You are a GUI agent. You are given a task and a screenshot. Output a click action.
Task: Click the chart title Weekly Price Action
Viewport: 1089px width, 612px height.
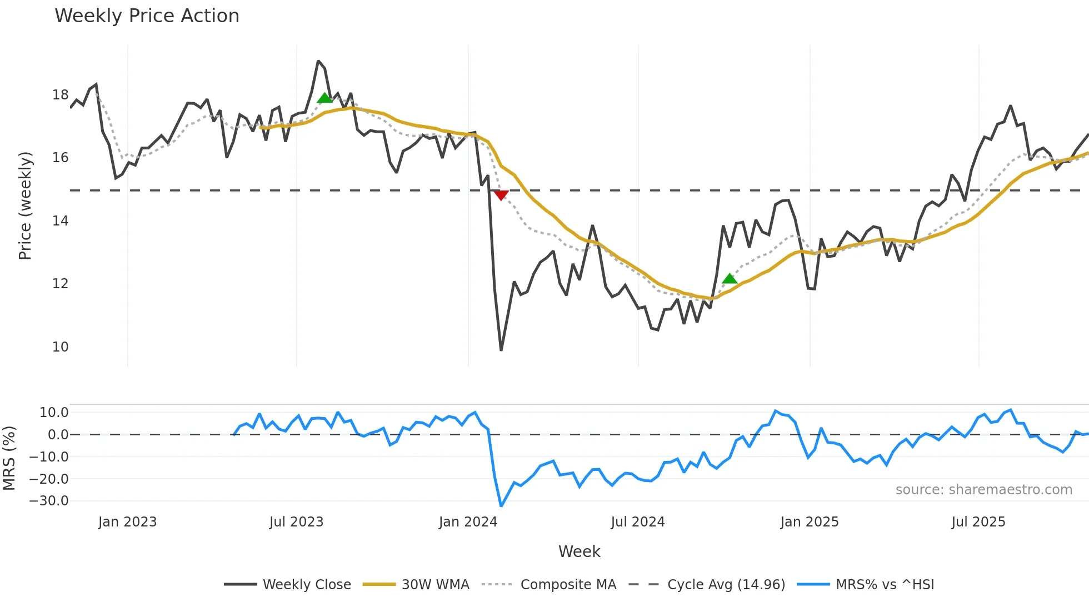point(147,16)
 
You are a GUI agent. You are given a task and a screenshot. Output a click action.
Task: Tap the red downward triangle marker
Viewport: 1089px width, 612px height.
point(501,195)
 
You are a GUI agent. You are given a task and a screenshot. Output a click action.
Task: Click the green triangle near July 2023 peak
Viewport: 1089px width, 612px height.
point(325,98)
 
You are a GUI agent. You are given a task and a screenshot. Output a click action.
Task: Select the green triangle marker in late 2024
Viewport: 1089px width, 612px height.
point(730,279)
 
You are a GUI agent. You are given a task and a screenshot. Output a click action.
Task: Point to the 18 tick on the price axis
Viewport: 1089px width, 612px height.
point(60,95)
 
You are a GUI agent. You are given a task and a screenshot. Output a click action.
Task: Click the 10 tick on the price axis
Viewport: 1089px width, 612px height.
point(60,347)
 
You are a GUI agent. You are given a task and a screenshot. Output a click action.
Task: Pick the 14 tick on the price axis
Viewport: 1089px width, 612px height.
point(60,221)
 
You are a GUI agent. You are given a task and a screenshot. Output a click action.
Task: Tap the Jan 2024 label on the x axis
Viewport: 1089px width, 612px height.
point(468,522)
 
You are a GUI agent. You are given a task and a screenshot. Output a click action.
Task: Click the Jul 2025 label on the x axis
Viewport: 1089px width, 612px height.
point(978,522)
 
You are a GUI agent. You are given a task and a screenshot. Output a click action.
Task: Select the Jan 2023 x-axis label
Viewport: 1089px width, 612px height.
point(127,522)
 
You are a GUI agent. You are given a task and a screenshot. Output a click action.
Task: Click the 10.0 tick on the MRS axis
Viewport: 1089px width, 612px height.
point(54,413)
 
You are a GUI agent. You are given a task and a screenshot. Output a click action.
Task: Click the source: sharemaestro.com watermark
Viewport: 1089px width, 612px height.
point(983,490)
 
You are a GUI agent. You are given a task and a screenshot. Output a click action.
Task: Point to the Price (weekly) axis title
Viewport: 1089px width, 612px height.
point(26,205)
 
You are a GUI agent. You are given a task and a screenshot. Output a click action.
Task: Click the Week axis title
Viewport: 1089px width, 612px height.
point(579,551)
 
